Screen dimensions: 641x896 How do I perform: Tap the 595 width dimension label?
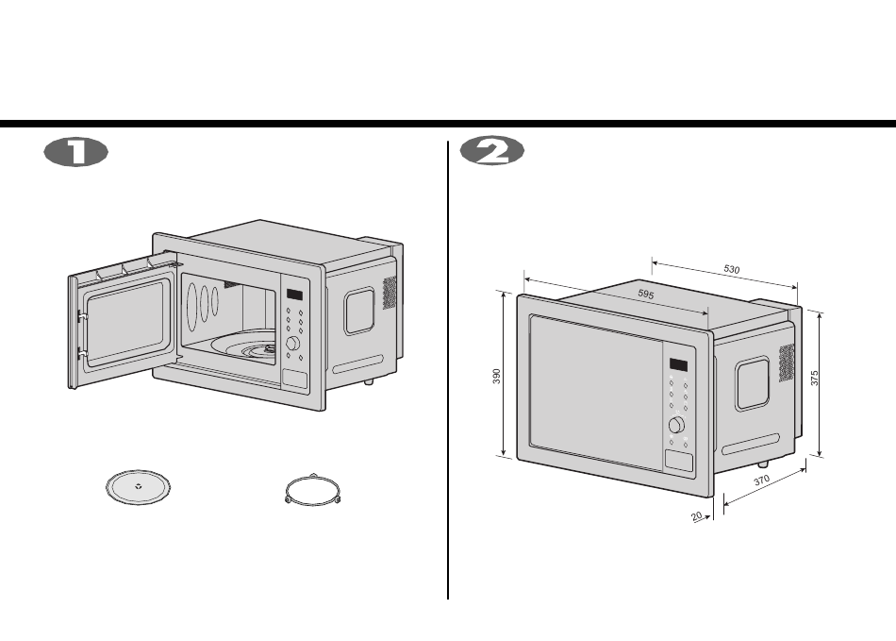click(x=646, y=295)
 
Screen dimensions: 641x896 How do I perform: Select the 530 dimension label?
click(x=732, y=270)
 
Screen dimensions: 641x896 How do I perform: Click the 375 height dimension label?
click(x=815, y=378)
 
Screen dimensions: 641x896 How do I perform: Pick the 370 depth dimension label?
click(x=763, y=481)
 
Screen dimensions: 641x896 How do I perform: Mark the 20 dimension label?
click(x=697, y=516)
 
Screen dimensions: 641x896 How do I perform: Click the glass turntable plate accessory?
click(x=139, y=488)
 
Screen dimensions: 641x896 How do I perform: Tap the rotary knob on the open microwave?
click(x=293, y=344)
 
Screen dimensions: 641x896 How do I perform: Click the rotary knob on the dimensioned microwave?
click(x=676, y=425)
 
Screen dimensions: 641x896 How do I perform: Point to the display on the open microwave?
click(x=294, y=295)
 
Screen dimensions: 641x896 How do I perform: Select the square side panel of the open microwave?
click(x=359, y=311)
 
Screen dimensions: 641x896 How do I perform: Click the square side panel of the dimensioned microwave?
click(x=753, y=382)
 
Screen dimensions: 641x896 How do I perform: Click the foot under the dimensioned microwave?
click(x=763, y=464)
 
